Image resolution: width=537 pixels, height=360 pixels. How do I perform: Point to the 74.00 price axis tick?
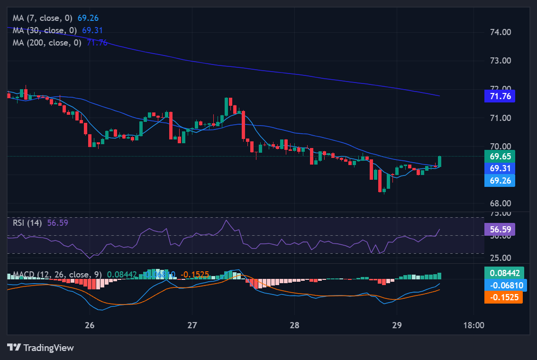[500, 32]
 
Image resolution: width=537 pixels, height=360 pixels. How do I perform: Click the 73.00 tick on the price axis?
[500, 61]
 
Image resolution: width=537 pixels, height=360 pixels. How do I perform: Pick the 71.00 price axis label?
[500, 118]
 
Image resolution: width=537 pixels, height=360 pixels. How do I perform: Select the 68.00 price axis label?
[500, 203]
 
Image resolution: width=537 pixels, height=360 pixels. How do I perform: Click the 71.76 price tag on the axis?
[500, 96]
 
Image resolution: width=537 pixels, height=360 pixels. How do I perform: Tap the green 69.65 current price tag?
[500, 156]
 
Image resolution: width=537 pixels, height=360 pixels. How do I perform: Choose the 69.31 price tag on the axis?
[500, 168]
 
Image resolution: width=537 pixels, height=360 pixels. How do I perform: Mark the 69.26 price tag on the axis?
[500, 180]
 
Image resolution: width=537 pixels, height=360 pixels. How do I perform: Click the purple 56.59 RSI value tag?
[500, 230]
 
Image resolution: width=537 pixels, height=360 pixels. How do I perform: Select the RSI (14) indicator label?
[27, 223]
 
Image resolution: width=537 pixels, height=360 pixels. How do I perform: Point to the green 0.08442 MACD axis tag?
[503, 273]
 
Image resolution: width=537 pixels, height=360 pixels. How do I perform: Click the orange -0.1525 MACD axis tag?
[503, 297]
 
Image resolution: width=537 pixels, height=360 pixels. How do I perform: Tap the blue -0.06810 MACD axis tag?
[503, 285]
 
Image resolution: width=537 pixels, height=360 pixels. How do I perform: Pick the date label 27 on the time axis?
[192, 325]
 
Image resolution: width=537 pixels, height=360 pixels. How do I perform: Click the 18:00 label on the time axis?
[473, 325]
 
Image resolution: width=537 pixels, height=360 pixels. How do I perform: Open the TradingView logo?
[41, 348]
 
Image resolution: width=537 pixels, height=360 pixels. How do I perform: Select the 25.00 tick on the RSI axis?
[500, 258]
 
